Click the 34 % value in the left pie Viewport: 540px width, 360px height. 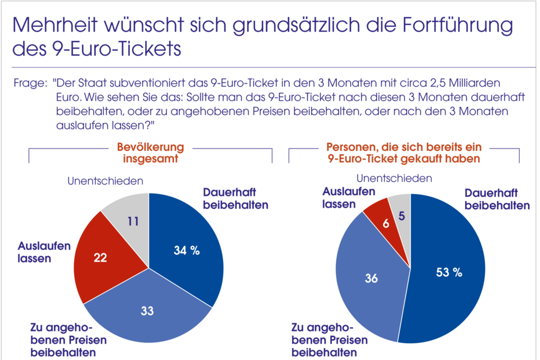pos(186,251)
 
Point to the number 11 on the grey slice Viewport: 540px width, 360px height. pos(133,222)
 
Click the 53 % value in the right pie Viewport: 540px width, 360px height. pos(449,273)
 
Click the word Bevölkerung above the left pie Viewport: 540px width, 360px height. pos(150,147)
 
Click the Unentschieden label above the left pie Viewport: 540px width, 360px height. pos(105,181)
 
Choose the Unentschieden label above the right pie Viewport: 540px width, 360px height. pos(394,178)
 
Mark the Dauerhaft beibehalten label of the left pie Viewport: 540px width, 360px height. pos(235,197)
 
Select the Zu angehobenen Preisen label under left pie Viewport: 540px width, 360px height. pos(61,340)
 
